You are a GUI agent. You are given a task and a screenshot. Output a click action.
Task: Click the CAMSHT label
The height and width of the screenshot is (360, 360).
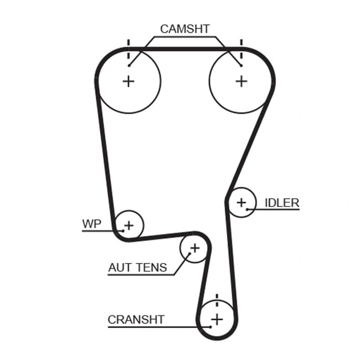(185, 29)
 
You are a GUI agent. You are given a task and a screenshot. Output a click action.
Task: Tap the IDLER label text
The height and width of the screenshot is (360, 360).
(282, 203)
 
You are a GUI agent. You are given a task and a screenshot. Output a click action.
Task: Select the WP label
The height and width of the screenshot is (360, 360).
(92, 224)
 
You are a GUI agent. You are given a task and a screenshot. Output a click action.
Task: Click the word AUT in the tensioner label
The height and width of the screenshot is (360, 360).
(120, 267)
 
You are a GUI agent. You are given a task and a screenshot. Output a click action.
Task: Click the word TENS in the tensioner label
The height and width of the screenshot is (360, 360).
(152, 267)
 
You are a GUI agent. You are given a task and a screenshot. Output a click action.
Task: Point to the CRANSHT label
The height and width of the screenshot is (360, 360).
(136, 319)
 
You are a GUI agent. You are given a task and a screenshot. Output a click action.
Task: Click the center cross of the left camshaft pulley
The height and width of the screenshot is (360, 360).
(129, 81)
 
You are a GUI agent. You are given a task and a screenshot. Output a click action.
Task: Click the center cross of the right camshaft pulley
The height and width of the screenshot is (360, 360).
(241, 81)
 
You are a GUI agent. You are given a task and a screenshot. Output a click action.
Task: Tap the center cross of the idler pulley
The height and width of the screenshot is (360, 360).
(241, 202)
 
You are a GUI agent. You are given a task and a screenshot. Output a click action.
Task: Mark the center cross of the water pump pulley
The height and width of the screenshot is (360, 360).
(129, 225)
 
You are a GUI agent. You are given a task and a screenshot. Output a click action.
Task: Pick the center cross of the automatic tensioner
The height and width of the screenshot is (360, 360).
(195, 248)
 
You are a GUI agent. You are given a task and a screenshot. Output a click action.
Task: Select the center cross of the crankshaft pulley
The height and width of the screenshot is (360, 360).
(217, 319)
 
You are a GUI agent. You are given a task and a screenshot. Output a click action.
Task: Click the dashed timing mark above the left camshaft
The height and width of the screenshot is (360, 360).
(129, 49)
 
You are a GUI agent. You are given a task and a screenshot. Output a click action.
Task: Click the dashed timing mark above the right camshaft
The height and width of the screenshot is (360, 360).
(241, 49)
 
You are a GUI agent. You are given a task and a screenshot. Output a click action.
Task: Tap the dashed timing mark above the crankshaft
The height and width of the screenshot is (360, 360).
(217, 300)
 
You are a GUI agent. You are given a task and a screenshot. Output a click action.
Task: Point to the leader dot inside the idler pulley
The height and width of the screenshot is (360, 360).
(247, 209)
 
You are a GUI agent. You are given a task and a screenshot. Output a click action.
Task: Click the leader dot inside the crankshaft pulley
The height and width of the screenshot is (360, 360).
(210, 327)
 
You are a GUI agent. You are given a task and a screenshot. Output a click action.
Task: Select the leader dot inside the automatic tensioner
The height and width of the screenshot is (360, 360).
(189, 254)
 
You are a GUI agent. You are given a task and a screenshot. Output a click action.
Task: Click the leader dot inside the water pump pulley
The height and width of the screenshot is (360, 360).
(123, 231)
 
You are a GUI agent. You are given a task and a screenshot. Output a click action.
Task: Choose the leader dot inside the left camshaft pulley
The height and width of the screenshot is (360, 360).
(129, 66)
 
